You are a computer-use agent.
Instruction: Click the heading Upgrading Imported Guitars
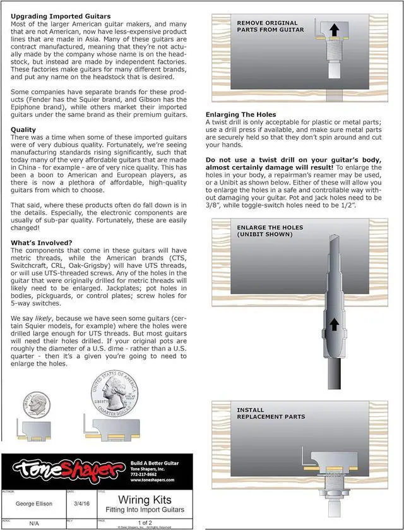(x=61, y=16)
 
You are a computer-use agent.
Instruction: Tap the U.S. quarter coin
(x=114, y=394)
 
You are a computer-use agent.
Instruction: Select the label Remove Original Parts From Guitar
(x=271, y=26)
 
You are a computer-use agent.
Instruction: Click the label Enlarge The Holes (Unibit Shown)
(x=270, y=231)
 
